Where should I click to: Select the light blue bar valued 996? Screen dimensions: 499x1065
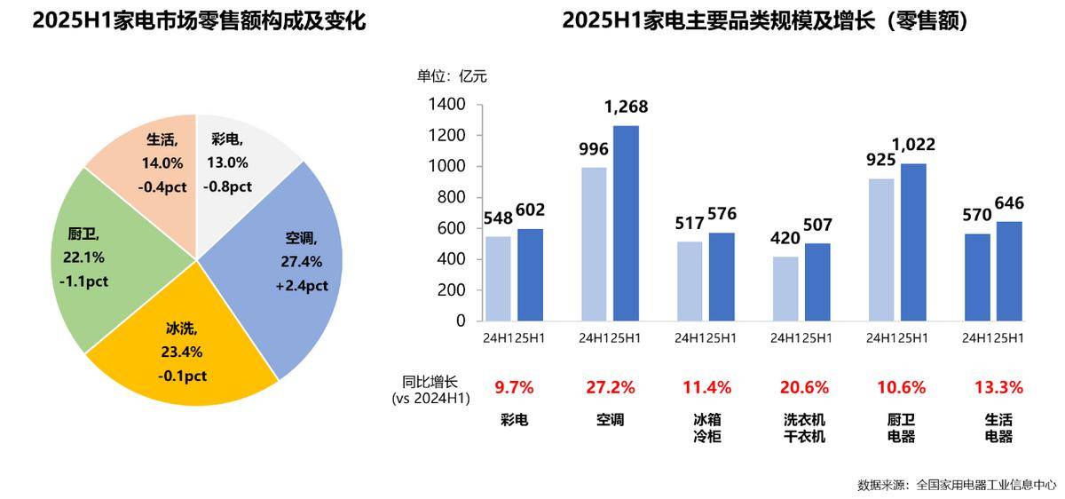point(594,244)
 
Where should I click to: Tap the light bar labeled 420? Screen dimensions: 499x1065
point(785,289)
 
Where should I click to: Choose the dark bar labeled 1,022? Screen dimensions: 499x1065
point(913,242)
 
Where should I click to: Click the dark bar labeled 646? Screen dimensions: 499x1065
point(1009,272)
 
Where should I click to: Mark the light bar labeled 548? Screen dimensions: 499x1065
point(498,279)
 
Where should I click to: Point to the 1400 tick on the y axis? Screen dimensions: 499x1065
point(449,105)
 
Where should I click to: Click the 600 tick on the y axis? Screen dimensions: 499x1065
point(453,229)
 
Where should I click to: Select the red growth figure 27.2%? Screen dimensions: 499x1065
point(610,388)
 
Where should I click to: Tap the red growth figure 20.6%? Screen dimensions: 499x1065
point(805,388)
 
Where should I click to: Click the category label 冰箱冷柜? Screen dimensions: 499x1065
point(706,428)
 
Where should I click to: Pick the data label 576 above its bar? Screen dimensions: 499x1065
point(721,214)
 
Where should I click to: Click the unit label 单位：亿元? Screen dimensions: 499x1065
point(452,76)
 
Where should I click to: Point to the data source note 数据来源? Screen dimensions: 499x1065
point(957,485)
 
